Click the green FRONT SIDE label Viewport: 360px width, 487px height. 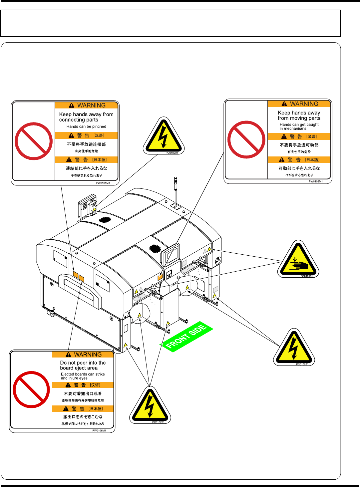(x=186, y=337)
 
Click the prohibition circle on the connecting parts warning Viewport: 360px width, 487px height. (x=34, y=141)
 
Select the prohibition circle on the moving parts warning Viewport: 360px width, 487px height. (x=246, y=139)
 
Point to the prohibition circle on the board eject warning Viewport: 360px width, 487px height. (x=31, y=389)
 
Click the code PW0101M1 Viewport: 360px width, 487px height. (x=103, y=183)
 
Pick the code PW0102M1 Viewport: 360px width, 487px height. (x=315, y=181)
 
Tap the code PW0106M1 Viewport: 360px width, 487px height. (x=99, y=431)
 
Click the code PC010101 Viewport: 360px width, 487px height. (x=306, y=276)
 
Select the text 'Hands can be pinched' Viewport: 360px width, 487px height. (x=86, y=126)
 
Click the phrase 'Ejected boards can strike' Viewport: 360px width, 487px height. (x=83, y=374)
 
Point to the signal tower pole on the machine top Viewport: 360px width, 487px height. (x=176, y=191)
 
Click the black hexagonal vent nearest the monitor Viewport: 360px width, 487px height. (x=155, y=248)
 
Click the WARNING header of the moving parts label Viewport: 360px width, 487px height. (x=299, y=104)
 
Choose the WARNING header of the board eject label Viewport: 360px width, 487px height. (x=83, y=355)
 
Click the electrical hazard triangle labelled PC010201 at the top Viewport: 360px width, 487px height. (x=164, y=136)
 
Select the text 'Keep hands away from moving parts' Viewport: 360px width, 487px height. (x=299, y=116)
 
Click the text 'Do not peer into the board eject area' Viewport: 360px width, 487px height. (x=83, y=365)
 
